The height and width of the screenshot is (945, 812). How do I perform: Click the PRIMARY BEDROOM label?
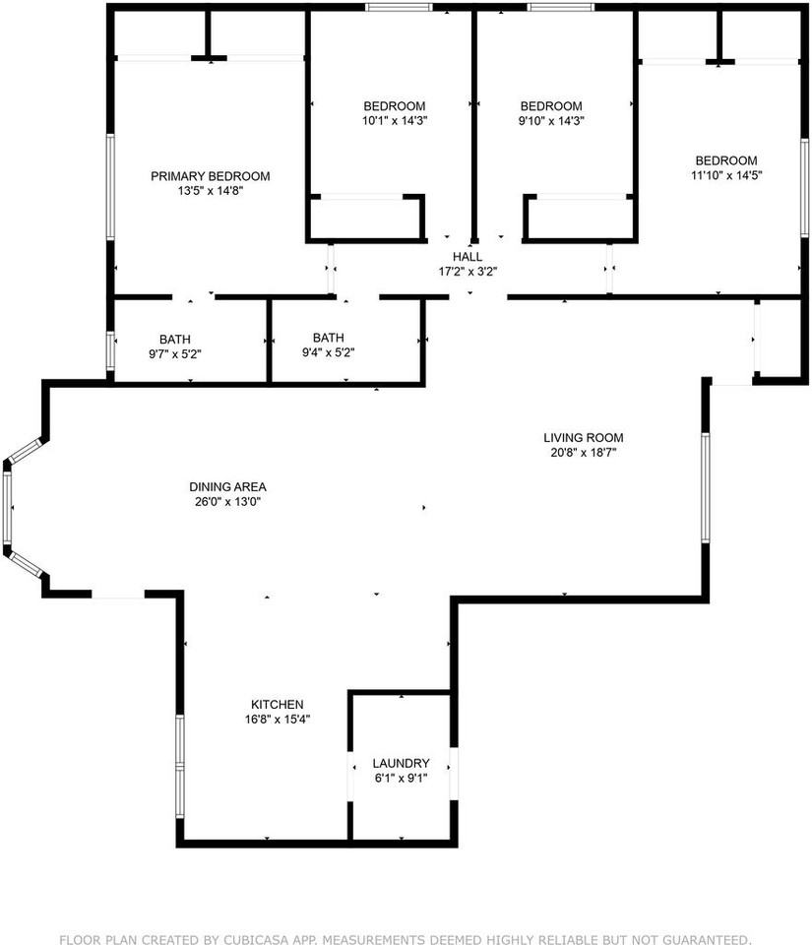click(x=210, y=176)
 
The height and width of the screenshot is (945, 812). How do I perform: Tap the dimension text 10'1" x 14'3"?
click(x=394, y=121)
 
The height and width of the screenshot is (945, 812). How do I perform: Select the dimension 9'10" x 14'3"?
click(x=551, y=121)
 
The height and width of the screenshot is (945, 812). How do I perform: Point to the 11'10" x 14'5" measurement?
click(x=726, y=175)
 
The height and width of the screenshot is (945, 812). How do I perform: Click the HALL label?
click(x=468, y=256)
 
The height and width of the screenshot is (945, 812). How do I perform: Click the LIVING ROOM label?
click(x=584, y=438)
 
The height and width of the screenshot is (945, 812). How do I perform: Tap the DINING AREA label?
click(x=227, y=486)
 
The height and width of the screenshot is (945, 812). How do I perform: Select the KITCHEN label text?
click(x=277, y=704)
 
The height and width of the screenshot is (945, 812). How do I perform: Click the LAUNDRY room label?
click(x=401, y=763)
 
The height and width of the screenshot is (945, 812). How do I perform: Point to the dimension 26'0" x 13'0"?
click(x=227, y=501)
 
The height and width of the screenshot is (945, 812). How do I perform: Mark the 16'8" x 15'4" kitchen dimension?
click(x=277, y=719)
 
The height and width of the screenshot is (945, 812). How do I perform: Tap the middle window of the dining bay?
click(x=7, y=507)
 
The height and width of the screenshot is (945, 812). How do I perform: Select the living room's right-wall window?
click(x=705, y=487)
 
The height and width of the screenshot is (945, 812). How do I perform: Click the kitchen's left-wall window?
click(x=180, y=765)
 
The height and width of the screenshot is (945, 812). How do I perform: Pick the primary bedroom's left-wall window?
click(x=110, y=186)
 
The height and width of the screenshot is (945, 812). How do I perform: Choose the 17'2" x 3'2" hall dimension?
click(x=468, y=271)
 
